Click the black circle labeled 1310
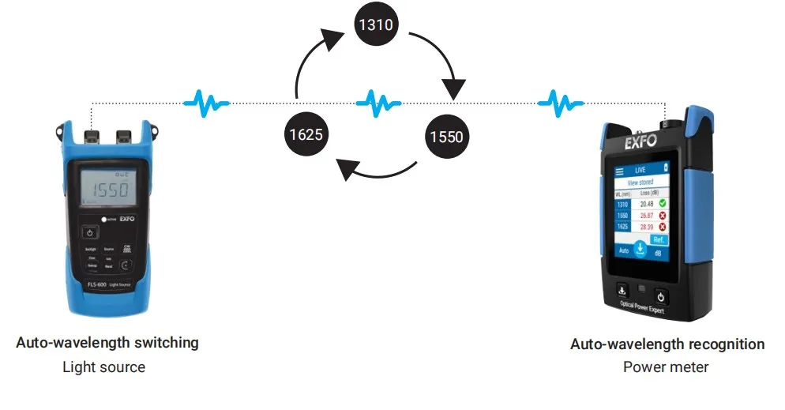coord(376,25)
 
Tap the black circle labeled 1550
coord(446,136)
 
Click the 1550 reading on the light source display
coord(108,190)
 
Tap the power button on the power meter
coord(662,297)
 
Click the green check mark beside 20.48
coord(662,204)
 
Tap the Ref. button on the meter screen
coord(658,239)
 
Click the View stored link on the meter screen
coord(640,182)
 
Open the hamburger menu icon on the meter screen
coord(620,170)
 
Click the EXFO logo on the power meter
coord(640,145)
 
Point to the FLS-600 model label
coord(92,282)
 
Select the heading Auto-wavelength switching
coord(107,343)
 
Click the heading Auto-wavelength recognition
coord(667,344)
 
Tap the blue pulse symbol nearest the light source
coord(206,101)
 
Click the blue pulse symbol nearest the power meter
coord(561,101)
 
